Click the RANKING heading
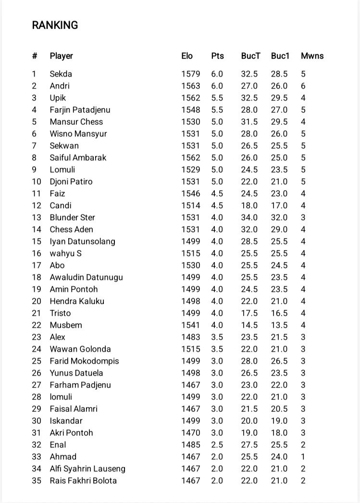55,25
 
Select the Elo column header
187,56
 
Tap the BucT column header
250,56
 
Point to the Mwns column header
312,56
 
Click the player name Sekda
61,74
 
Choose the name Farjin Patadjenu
80,110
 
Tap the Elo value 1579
190,74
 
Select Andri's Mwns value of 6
303,86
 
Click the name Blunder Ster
72,217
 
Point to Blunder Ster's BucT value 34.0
249,217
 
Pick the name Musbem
66,325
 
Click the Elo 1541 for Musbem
190,325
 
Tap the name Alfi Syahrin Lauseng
87,468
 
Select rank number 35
37,480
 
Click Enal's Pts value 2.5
217,445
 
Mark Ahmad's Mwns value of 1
303,457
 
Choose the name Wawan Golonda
80,349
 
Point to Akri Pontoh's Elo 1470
190,433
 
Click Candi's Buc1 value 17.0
279,205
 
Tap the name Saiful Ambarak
78,158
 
